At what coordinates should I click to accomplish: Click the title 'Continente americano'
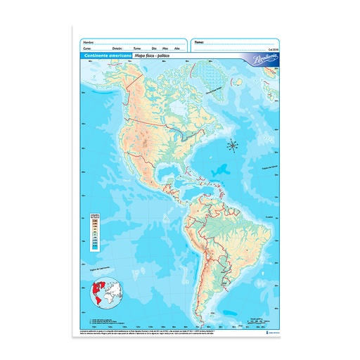click(x=104, y=56)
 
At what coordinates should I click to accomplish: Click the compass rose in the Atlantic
click(x=233, y=146)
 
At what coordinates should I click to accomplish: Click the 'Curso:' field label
click(x=88, y=49)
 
